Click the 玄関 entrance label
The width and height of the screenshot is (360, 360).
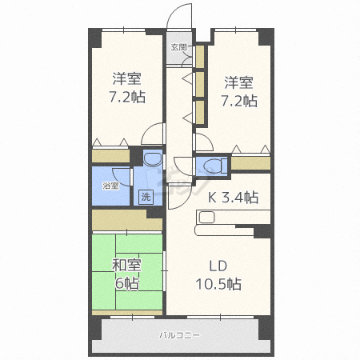pyautogui.click(x=178, y=47)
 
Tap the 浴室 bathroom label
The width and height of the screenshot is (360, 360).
pyautogui.click(x=110, y=186)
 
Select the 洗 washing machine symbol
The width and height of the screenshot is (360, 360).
pyautogui.click(x=146, y=197)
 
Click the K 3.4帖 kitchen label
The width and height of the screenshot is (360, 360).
pyautogui.click(x=233, y=198)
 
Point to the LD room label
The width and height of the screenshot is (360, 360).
pyautogui.click(x=218, y=266)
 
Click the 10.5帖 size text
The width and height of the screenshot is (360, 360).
pyautogui.click(x=218, y=284)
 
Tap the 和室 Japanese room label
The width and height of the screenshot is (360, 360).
pyautogui.click(x=126, y=266)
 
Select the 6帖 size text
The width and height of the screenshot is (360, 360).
pyautogui.click(x=127, y=283)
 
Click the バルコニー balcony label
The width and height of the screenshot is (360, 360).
pyautogui.click(x=179, y=335)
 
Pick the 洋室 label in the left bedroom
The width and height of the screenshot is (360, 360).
pyautogui.click(x=126, y=78)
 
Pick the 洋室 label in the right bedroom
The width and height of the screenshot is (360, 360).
pyautogui.click(x=238, y=82)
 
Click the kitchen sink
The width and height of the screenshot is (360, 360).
pyautogui.click(x=206, y=217)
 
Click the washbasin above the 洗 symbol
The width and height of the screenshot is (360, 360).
pyautogui.click(x=153, y=159)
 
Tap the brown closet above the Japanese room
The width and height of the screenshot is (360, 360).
pyautogui.click(x=127, y=220)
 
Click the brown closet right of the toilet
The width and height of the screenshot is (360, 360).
pyautogui.click(x=250, y=163)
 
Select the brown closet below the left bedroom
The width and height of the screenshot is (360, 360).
pyautogui.click(x=110, y=156)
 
